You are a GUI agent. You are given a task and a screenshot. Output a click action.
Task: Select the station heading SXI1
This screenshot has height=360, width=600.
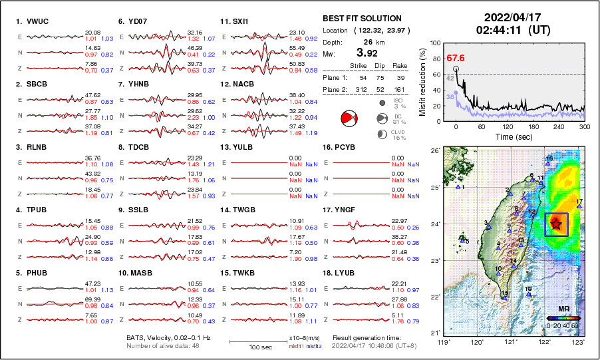(240, 21)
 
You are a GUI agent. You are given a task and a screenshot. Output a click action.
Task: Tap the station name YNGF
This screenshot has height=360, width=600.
(346, 210)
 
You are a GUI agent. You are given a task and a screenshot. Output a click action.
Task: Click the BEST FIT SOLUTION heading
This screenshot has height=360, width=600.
(362, 19)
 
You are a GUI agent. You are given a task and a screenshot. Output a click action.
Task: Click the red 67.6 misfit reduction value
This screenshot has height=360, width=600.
(456, 59)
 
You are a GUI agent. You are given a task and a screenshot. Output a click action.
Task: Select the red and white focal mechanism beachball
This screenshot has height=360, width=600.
(349, 118)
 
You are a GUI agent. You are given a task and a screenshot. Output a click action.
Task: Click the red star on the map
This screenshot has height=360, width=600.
(556, 225)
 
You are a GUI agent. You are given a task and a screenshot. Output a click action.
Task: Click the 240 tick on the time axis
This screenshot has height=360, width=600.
(559, 126)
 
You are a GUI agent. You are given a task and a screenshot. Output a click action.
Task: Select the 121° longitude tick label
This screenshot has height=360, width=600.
(510, 342)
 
